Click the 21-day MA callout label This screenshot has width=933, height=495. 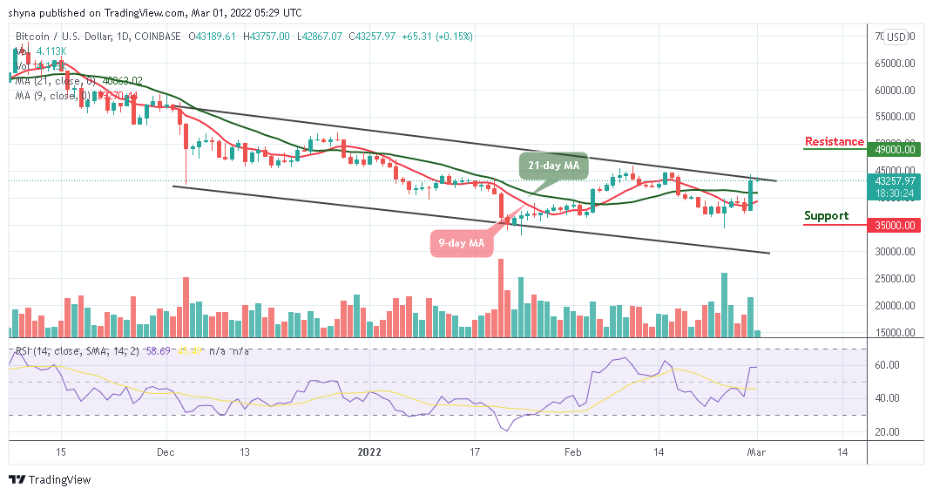[555, 165]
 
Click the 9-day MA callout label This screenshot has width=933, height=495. [460, 243]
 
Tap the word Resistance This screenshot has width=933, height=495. [834, 141]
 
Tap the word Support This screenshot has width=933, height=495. [827, 215]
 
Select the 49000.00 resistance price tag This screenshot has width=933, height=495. [896, 149]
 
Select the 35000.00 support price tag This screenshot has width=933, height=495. [896, 224]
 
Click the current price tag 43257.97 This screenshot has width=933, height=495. [896, 181]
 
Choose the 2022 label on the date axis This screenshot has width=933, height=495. [369, 452]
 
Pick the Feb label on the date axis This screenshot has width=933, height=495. [573, 452]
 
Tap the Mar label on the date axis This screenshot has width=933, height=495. [758, 452]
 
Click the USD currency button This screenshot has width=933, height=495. [896, 37]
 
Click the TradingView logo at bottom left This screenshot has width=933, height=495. [50, 479]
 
